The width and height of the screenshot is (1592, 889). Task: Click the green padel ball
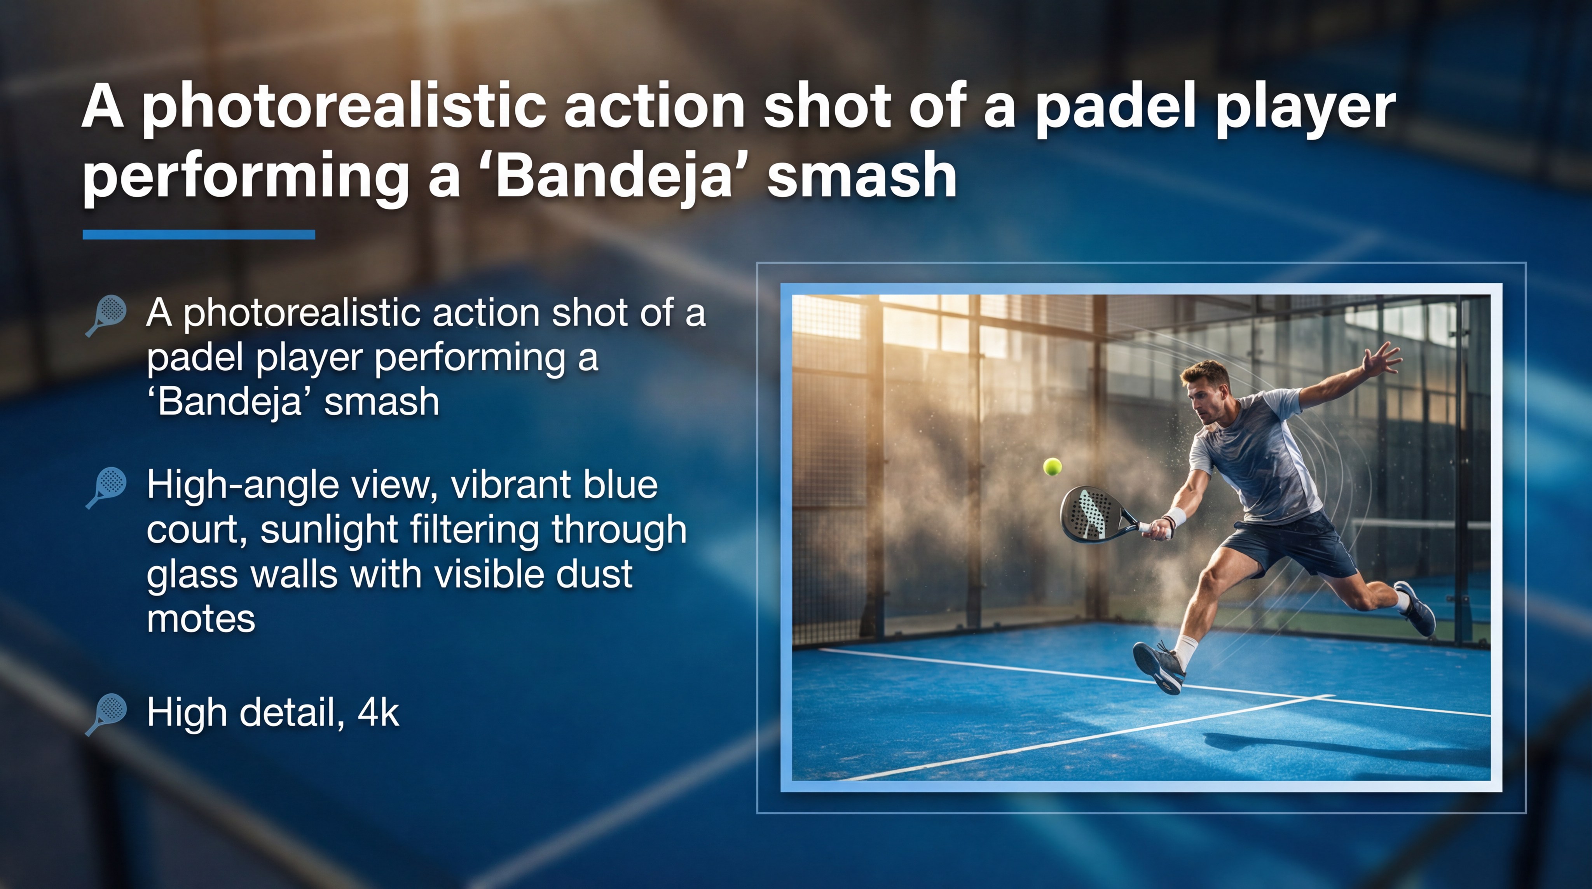pos(1053,466)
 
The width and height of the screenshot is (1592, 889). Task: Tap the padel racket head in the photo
pos(1090,513)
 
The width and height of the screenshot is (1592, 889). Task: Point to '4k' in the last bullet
pos(378,712)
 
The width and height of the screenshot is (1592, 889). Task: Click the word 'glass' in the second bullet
pos(192,575)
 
